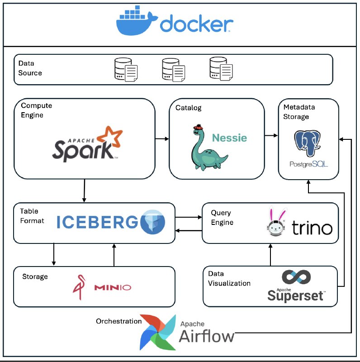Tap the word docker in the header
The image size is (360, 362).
[x=197, y=24]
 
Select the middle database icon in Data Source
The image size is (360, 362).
[x=174, y=70]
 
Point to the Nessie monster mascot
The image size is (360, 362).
[x=207, y=148]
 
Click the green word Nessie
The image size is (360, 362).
[x=229, y=138]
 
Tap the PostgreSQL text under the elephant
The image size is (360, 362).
[x=308, y=164]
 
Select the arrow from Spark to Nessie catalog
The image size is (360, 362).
[x=162, y=139]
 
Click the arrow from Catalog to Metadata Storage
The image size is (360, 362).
[x=271, y=135]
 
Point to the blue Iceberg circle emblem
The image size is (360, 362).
[x=152, y=222]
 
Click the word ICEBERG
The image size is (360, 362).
[x=97, y=222]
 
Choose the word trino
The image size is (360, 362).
[x=312, y=228]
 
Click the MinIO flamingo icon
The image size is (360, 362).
[x=79, y=287]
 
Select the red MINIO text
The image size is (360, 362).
[x=113, y=287]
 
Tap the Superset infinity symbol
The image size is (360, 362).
[x=296, y=277]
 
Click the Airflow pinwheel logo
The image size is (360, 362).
[x=158, y=332]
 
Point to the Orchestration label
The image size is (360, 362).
[x=118, y=321]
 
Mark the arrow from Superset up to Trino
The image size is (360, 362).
[x=270, y=255]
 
